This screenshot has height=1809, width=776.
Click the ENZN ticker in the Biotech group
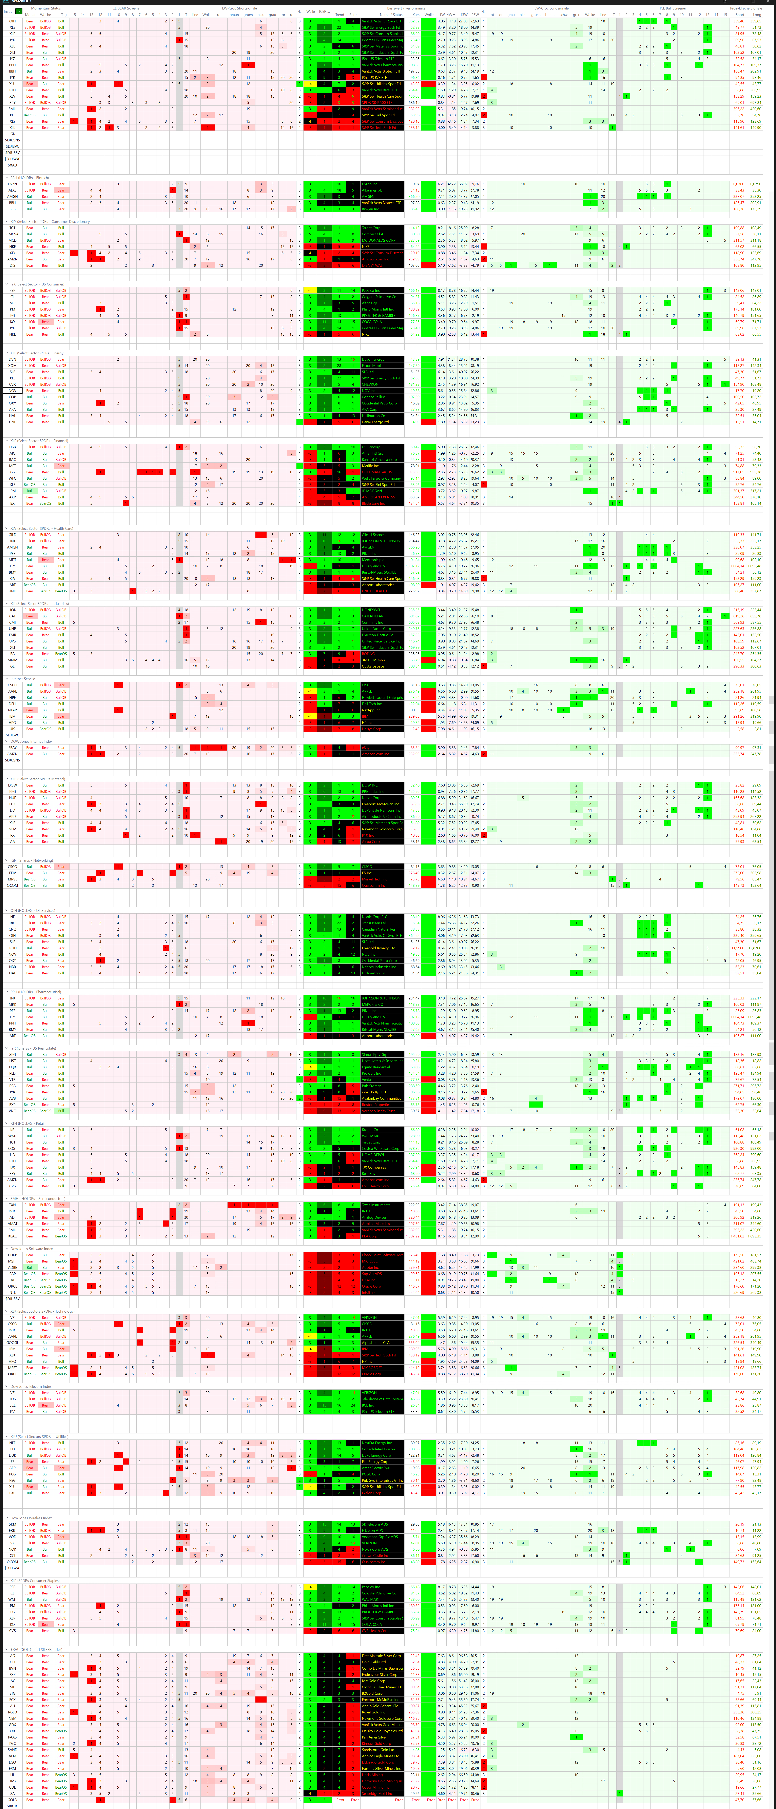(x=12, y=184)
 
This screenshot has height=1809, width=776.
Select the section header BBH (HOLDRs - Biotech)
(x=30, y=178)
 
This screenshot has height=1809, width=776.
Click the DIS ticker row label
(x=12, y=265)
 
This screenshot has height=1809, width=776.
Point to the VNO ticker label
(x=12, y=1111)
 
